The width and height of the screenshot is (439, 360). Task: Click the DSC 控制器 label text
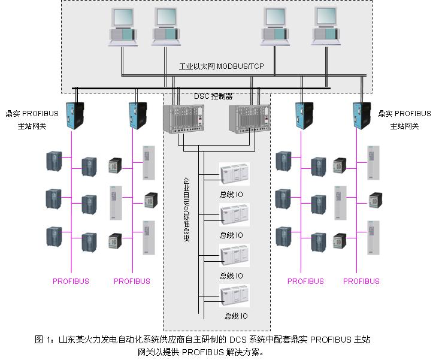coord(214,95)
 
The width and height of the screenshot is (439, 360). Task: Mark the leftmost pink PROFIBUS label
coord(71,281)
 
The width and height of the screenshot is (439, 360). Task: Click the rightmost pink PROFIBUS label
coord(361,281)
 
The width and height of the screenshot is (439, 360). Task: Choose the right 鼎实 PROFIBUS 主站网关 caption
coord(404,120)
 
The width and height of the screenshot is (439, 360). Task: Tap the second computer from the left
coord(165,27)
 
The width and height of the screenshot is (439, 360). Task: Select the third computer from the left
coord(277,27)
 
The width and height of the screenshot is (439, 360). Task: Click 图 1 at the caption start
coord(43,340)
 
